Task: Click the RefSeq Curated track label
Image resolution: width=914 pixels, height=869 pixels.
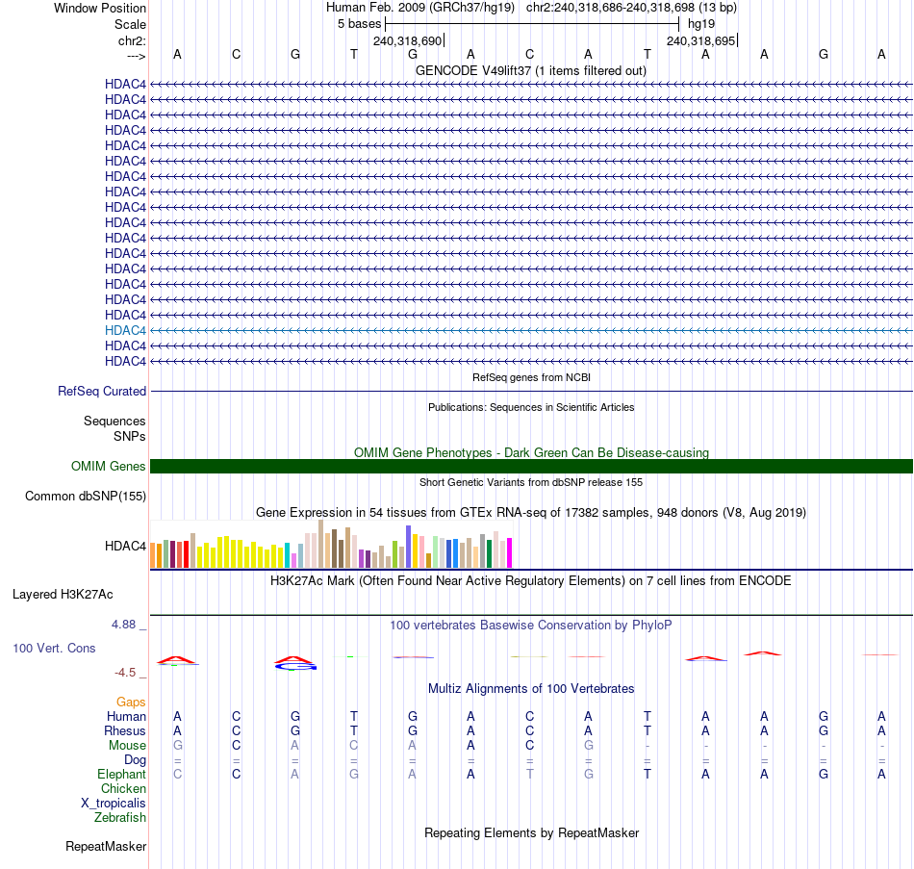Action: point(102,392)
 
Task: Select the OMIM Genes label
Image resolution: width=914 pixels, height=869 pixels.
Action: point(109,467)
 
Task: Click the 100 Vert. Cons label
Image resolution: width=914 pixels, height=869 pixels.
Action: point(54,649)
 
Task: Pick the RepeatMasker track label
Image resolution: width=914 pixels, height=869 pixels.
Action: point(106,847)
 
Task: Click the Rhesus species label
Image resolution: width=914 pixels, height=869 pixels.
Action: point(125,731)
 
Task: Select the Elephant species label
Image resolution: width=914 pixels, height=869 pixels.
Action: point(121,775)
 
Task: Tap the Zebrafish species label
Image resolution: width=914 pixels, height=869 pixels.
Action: point(120,818)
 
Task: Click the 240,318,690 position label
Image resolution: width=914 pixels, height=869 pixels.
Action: point(407,41)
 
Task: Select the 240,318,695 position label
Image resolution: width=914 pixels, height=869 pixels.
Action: point(700,41)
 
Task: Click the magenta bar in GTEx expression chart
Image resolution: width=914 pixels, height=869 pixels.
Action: point(509,552)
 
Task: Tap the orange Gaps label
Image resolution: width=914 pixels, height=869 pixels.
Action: point(131,703)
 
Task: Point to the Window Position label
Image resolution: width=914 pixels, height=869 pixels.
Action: point(100,8)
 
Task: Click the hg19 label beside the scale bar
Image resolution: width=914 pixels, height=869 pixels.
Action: point(700,23)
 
